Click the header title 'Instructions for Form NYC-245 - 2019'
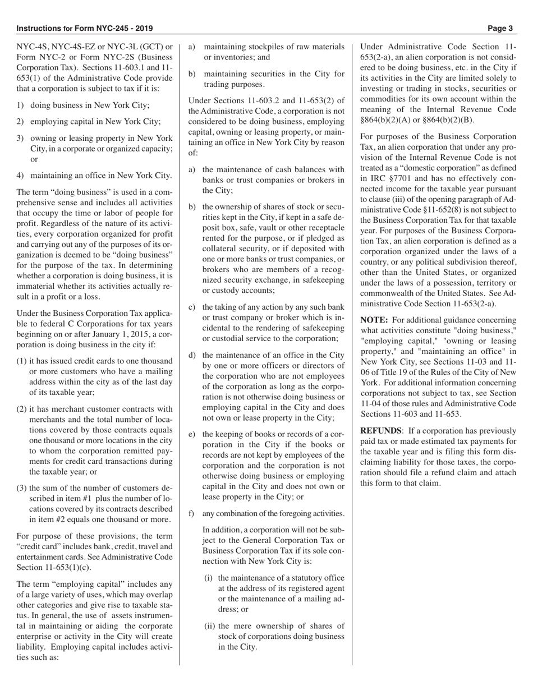click(85, 28)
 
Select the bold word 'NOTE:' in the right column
click(374, 320)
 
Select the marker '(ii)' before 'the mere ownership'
click(210, 626)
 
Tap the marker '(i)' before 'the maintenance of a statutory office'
click(208, 578)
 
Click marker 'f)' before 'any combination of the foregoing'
click(192, 513)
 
